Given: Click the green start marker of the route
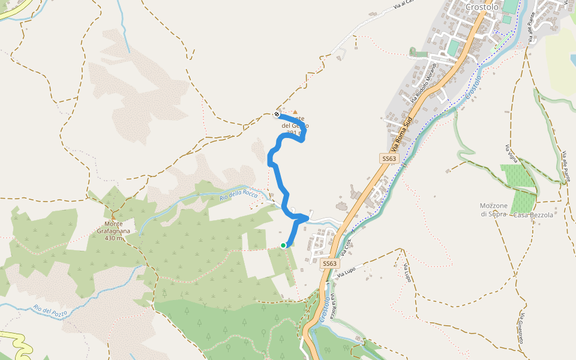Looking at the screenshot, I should (x=283, y=245).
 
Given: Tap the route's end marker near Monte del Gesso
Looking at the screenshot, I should (x=277, y=114).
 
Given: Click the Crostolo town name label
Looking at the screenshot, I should (x=482, y=7).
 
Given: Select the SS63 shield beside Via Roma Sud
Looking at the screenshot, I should (x=389, y=158).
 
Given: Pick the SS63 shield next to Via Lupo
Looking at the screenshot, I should (x=329, y=263).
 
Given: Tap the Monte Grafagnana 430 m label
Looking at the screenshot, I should (x=113, y=231).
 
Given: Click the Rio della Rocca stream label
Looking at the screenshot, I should (x=238, y=194).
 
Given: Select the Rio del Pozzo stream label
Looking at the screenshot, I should (x=51, y=310).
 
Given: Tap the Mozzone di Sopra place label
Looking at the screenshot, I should (x=494, y=209).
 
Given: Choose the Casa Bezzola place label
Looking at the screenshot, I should (x=533, y=215).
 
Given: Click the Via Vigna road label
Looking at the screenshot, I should (x=511, y=155).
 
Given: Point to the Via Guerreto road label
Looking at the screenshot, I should (x=522, y=328).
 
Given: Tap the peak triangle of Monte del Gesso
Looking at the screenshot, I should (x=295, y=112).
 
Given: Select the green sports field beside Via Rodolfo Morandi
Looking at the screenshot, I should (x=452, y=46).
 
